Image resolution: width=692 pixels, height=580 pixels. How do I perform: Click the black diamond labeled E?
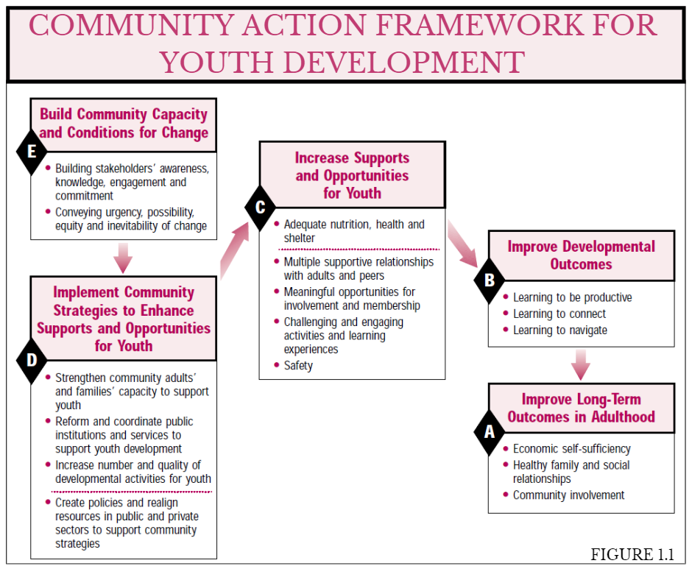tap(32, 152)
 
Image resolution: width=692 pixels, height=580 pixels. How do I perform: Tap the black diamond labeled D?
tap(32, 361)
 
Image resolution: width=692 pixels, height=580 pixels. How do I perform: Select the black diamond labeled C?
tap(260, 207)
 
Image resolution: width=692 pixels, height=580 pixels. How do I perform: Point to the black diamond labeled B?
tap(489, 280)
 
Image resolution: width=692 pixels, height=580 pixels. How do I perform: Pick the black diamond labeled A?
tap(489, 432)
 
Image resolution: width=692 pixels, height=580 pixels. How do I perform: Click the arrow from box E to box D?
tap(123, 258)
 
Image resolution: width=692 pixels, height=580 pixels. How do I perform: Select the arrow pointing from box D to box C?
tap(235, 250)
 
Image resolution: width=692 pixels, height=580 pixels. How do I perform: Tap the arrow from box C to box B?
tap(462, 244)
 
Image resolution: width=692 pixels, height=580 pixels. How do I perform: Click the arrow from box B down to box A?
tap(581, 365)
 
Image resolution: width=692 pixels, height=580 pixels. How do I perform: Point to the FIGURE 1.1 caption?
tap(632, 554)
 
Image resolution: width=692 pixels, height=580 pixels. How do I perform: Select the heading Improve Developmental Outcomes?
tap(581, 255)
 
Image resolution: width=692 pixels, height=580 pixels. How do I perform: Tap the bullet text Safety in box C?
tap(298, 366)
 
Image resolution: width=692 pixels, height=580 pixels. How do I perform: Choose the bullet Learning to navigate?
tap(560, 330)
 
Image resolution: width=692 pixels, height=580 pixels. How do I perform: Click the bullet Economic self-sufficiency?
tap(571, 448)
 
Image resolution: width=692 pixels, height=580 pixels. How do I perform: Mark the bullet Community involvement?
tap(568, 495)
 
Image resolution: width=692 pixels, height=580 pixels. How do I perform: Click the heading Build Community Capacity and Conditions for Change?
tap(124, 123)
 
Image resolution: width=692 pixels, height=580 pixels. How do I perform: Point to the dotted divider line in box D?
tap(132, 491)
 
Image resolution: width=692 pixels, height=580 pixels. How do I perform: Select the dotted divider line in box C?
tap(359, 250)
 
